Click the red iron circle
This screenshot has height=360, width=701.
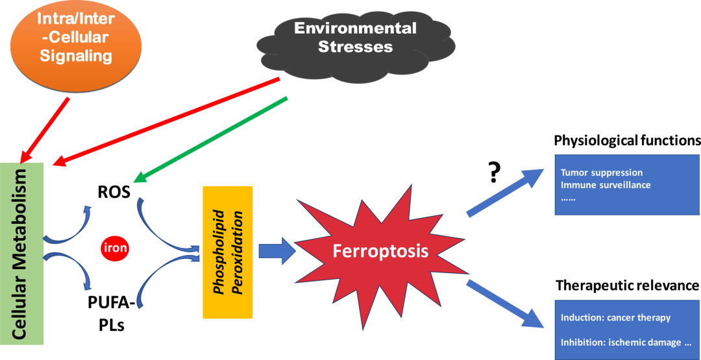coord(116,248)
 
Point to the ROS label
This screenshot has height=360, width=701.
coord(114,192)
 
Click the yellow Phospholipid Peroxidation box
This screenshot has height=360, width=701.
coord(227,252)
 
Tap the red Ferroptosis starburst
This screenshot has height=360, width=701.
coord(380,250)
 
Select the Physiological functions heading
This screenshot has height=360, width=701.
coord(627,141)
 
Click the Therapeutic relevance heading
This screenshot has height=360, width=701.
coord(627,285)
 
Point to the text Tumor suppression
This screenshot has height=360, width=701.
coord(602,173)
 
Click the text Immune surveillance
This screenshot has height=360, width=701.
coord(606,185)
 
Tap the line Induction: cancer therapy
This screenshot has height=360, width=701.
coord(615,318)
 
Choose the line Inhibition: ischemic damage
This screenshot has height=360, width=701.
coord(621,342)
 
